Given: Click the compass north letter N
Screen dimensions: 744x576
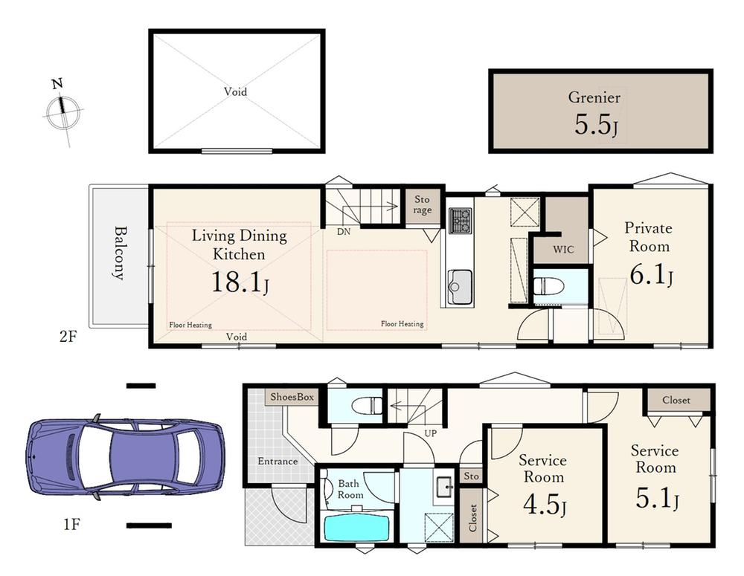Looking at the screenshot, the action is tap(57, 85).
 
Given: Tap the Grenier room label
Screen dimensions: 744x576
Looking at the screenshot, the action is tap(594, 97).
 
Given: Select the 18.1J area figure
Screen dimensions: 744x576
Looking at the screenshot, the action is tap(240, 282).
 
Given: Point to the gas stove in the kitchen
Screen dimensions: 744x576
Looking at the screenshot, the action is tap(461, 221).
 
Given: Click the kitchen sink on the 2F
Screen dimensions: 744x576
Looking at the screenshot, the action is tap(461, 288).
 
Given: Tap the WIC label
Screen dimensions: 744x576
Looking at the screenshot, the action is tap(563, 250).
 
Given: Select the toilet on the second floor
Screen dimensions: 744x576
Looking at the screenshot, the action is tap(548, 287).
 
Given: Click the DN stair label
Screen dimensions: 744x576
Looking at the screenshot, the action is tap(344, 232).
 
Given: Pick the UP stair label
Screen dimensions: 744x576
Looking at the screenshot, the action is tap(430, 433).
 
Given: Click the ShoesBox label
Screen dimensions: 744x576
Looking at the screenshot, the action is tap(292, 397).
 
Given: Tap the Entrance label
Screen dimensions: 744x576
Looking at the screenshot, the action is tap(278, 461).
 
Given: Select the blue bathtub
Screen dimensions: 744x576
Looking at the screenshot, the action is tap(356, 528).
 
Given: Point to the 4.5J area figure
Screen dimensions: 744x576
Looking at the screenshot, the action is tap(545, 505).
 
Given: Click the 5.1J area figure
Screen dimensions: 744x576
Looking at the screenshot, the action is tap(657, 498).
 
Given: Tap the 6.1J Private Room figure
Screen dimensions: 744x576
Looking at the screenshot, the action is tap(651, 274).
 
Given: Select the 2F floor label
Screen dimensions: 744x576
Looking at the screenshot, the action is tap(68, 337).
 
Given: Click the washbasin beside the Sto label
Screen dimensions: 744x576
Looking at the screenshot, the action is tap(444, 486).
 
